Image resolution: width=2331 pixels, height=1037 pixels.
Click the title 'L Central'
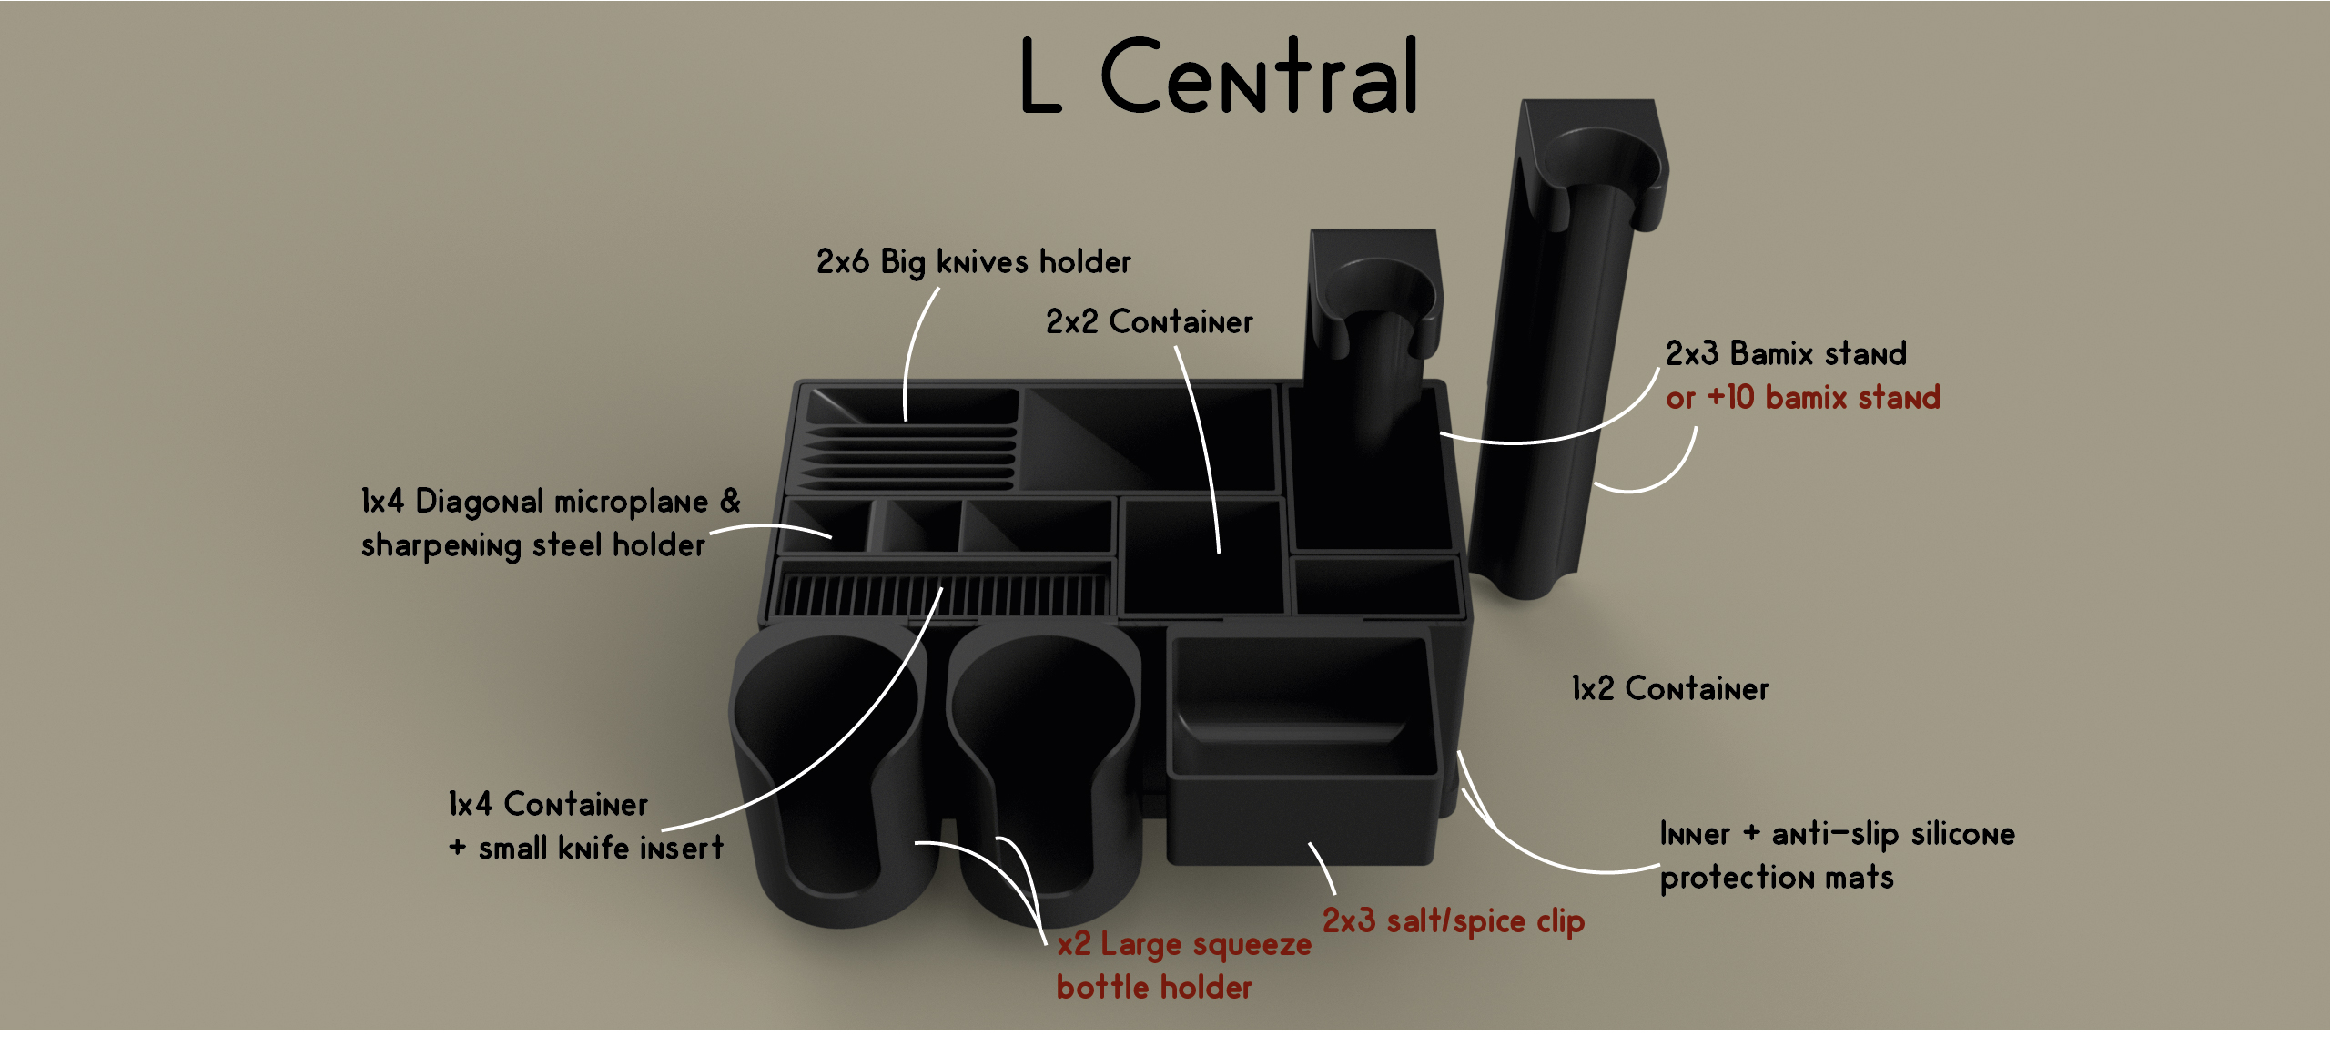(1218, 77)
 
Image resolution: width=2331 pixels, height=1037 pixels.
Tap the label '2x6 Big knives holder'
(973, 263)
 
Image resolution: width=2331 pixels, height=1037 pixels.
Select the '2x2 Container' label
(1149, 322)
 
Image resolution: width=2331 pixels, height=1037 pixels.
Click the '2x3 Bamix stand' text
(1785, 353)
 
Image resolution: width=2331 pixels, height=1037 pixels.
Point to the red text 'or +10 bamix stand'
(1802, 398)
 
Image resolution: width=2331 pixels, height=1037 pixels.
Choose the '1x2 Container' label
(1669, 689)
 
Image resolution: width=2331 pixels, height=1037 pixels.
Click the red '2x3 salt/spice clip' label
(1453, 921)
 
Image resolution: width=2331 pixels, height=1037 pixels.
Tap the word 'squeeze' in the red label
(1252, 945)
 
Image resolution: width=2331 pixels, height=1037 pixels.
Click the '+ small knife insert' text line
(586, 849)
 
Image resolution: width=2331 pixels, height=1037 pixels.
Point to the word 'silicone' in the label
(1962, 834)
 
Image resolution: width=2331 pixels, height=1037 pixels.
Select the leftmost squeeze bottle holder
(833, 774)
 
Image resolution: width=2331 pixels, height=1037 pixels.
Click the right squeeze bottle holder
(1047, 774)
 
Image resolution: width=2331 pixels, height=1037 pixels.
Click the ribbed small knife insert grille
(942, 595)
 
